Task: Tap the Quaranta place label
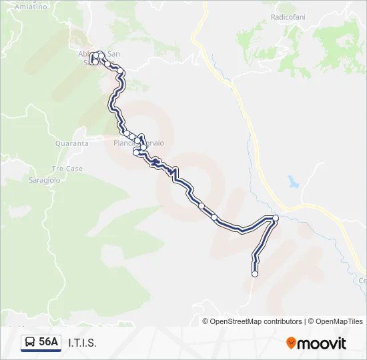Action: tap(72, 143)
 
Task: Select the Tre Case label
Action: tap(67, 169)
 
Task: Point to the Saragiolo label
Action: tap(45, 180)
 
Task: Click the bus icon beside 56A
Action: tap(31, 343)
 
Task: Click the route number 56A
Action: tap(49, 343)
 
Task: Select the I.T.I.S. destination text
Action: tap(82, 343)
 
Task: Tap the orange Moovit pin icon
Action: tap(291, 343)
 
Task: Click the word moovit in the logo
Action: tap(322, 343)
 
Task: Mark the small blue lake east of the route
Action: tap(292, 181)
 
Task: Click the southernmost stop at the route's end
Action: tap(254, 273)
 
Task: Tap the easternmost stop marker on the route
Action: tap(276, 218)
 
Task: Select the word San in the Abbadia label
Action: tap(113, 54)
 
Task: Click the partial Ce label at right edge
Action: tap(363, 281)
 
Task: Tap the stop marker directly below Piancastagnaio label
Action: tap(137, 153)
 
